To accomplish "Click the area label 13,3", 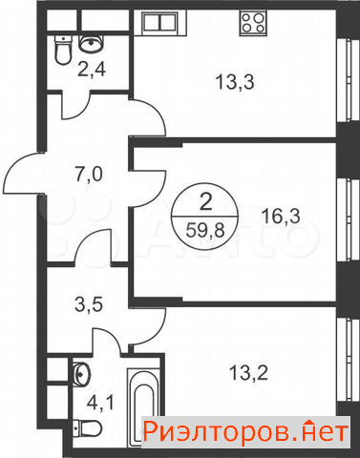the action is point(235,82).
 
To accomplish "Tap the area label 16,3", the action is point(281,217).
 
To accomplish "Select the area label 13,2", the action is point(248,372).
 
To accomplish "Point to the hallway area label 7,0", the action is point(89,175).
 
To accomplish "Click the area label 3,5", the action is point(88,304).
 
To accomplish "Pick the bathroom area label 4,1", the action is point(100,404).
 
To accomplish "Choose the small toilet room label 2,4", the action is point(92,69).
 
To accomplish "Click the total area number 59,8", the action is point(205,230).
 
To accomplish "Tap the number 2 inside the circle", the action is point(205,201).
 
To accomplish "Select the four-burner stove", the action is point(253,22).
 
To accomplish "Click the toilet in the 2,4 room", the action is point(63,50).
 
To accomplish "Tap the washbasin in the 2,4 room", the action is point(91,43).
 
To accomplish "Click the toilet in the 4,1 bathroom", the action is point(87,428).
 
